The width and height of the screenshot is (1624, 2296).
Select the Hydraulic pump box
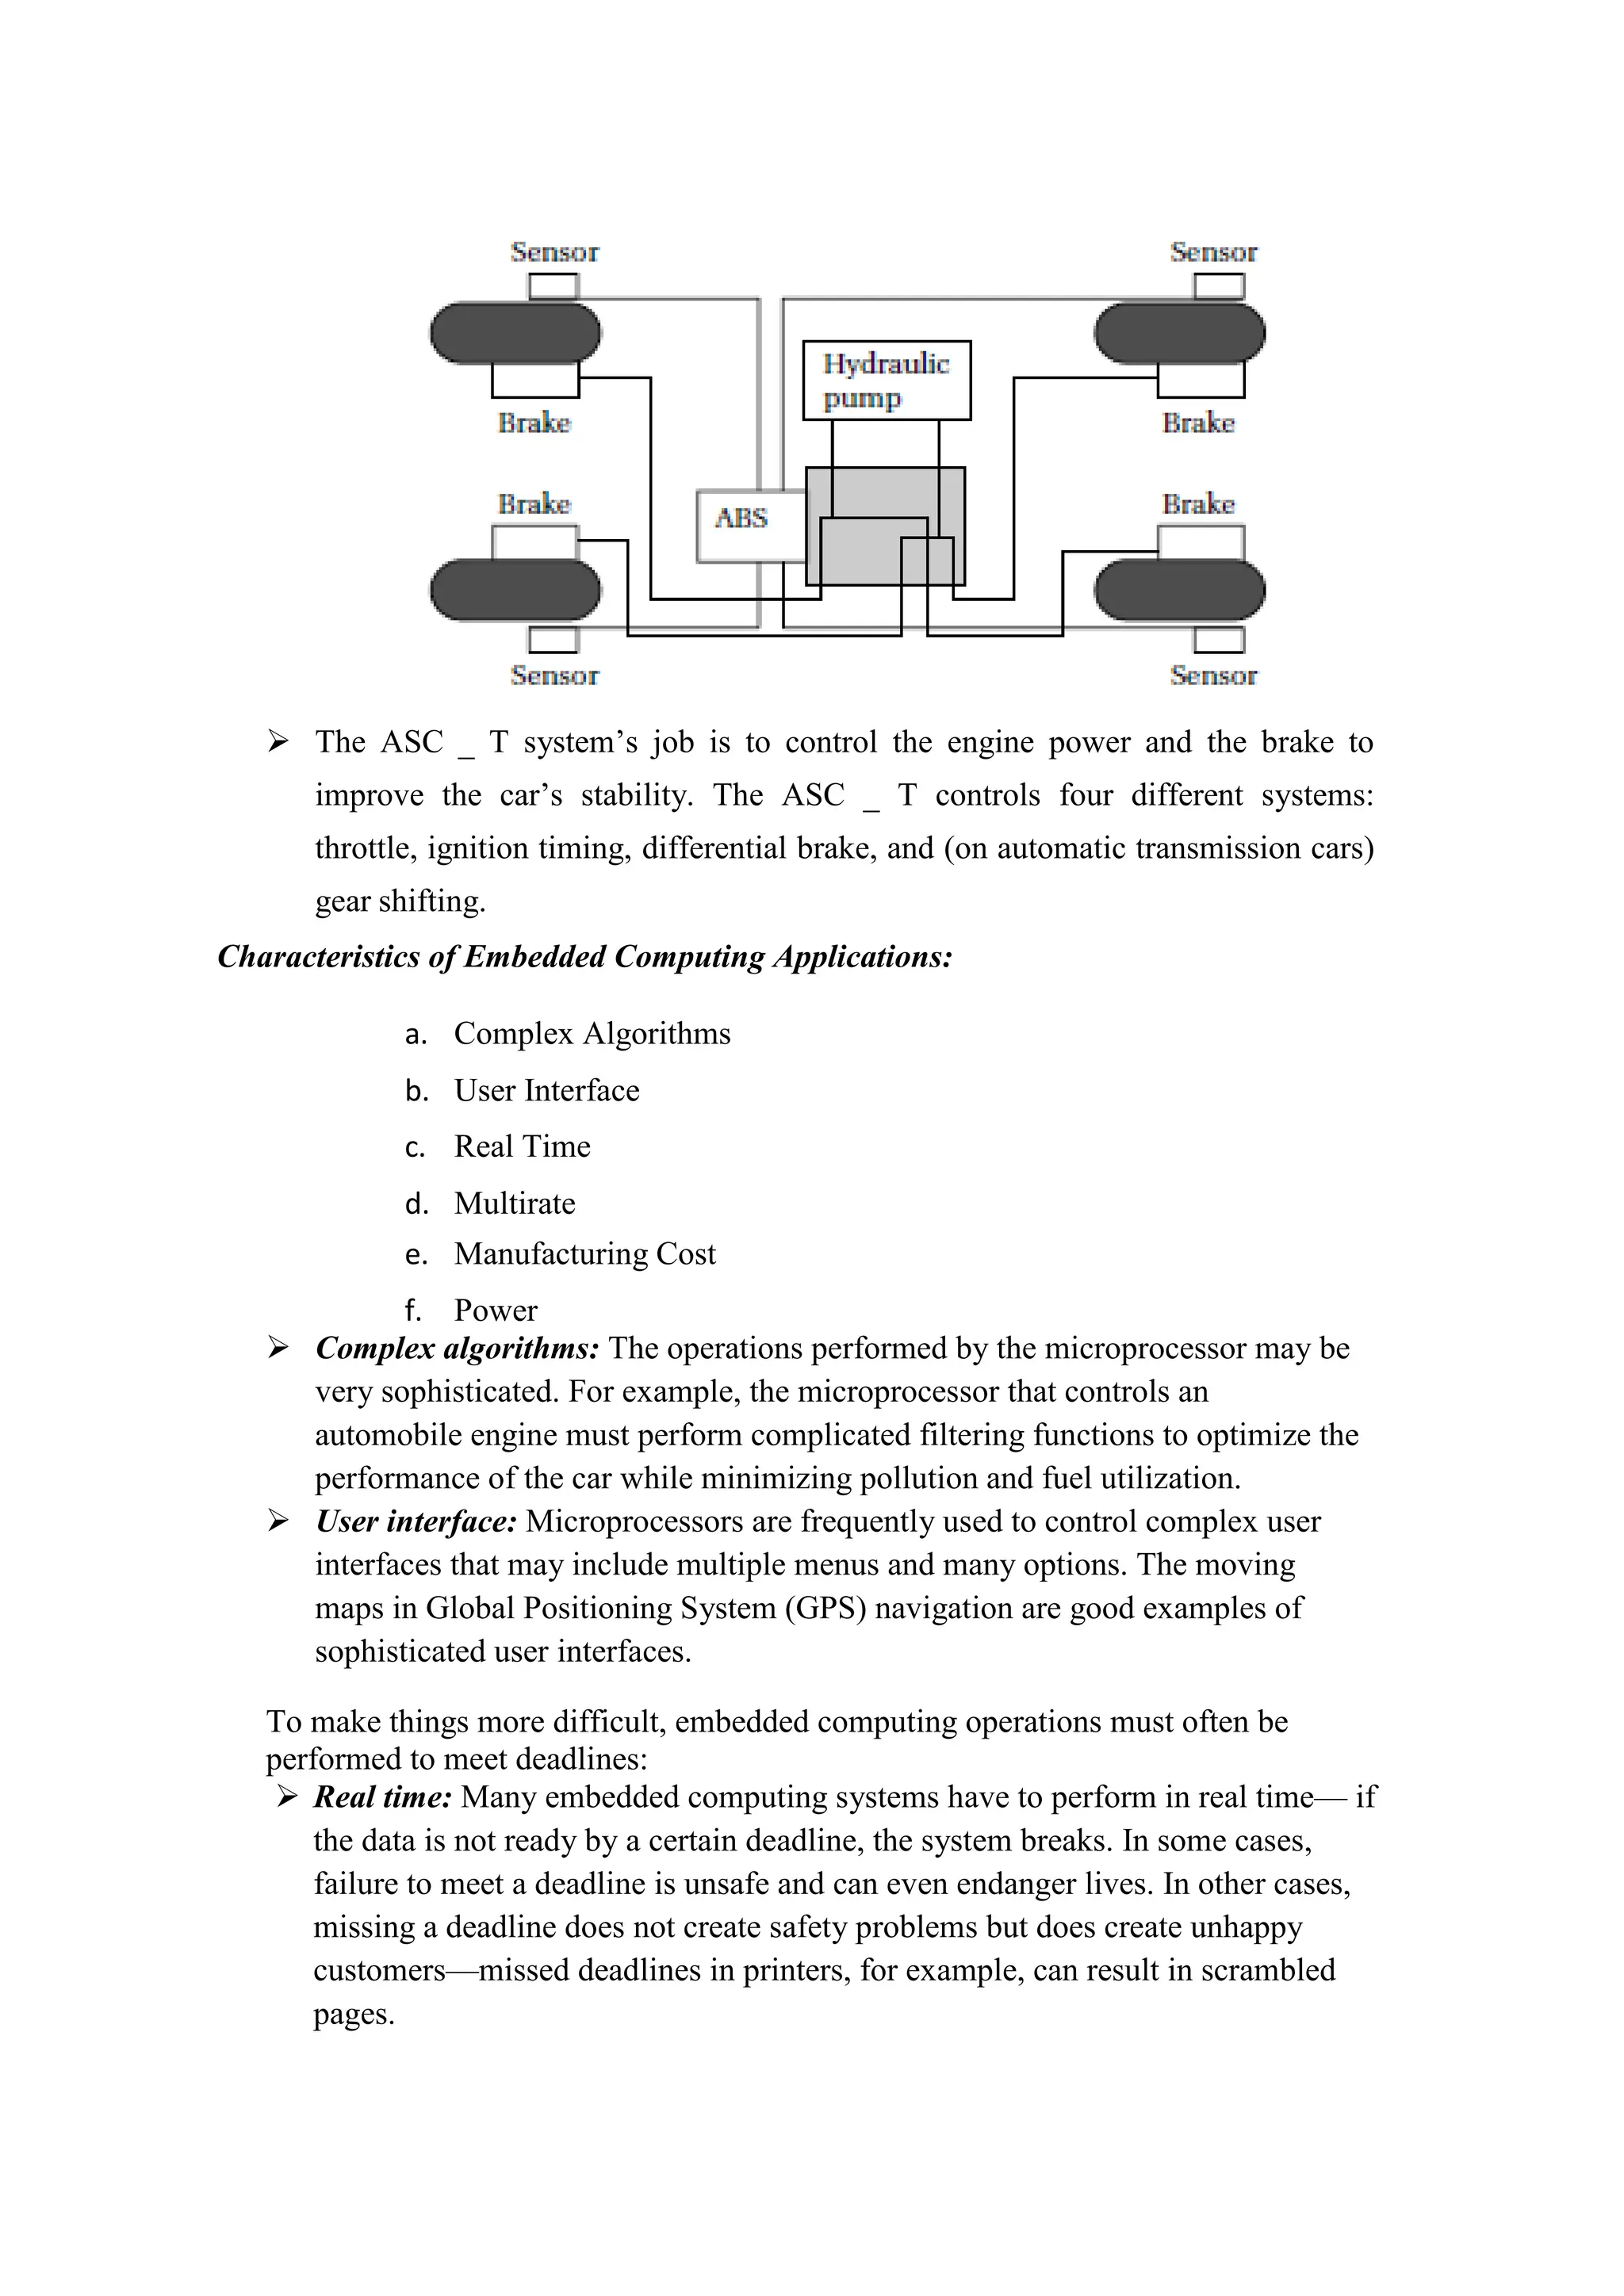tap(886, 380)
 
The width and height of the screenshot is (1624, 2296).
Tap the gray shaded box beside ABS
tap(885, 526)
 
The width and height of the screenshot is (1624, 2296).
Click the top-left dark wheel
tap(515, 333)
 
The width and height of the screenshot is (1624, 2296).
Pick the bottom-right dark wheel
tap(1179, 590)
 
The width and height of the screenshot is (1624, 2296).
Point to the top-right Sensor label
tap(1213, 252)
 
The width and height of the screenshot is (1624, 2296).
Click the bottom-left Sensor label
tap(554, 676)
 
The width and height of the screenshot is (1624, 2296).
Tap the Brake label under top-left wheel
tap(534, 423)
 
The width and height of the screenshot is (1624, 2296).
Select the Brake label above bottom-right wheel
tap(1198, 504)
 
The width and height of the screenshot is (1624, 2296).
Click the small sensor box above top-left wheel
tap(553, 286)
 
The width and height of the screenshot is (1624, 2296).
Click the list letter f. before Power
tap(414, 1311)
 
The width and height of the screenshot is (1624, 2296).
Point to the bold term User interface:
tap(416, 1522)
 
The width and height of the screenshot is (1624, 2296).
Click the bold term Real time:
tap(382, 1797)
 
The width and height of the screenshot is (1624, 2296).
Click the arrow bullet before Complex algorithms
tap(278, 1348)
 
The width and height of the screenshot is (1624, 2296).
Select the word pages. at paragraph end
tap(354, 2014)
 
